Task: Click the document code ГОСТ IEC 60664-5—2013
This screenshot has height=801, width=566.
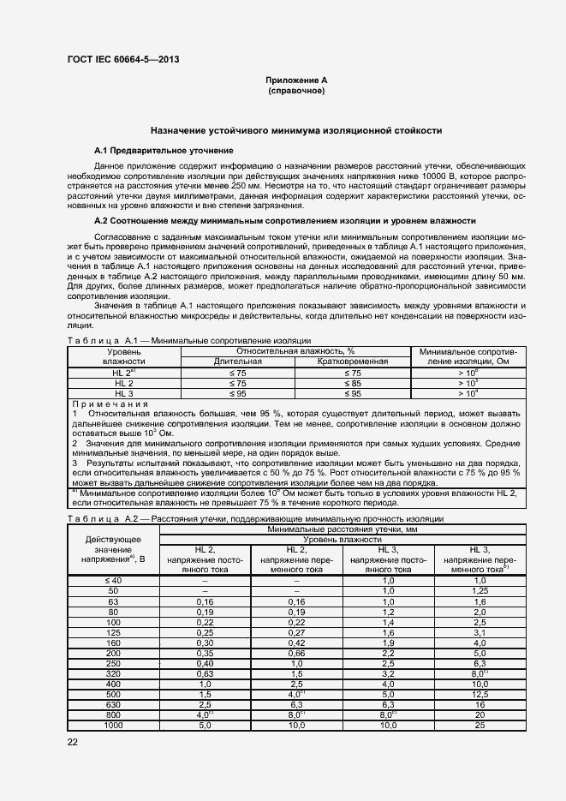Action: (122, 60)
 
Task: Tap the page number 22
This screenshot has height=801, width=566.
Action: (73, 741)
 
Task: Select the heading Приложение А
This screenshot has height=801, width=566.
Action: (296, 80)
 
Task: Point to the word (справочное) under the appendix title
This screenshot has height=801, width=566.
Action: (296, 90)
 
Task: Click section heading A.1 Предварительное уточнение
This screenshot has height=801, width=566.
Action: (164, 150)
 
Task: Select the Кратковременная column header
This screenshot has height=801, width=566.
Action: (352, 362)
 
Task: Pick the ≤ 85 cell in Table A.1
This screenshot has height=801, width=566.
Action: (352, 382)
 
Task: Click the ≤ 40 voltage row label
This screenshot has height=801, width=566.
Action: (113, 581)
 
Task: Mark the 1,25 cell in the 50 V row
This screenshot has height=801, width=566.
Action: (480, 591)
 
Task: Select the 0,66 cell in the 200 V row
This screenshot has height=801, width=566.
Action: (297, 652)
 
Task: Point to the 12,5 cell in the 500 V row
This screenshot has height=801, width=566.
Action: (480, 693)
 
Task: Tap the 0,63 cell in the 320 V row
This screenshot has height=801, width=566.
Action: (206, 672)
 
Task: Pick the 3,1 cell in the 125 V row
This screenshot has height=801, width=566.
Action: (480, 631)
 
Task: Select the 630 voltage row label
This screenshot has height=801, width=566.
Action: (113, 703)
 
